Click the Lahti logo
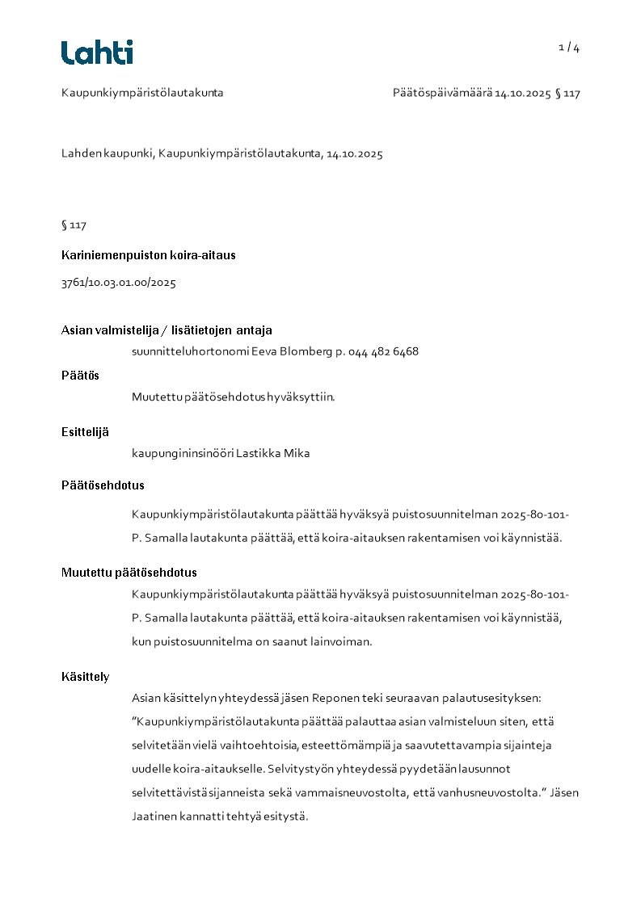pyautogui.click(x=97, y=52)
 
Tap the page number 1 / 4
pyautogui.click(x=569, y=48)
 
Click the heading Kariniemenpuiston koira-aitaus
pyautogui.click(x=149, y=255)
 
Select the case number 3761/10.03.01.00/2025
pyautogui.click(x=119, y=283)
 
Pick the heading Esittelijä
pyautogui.click(x=85, y=431)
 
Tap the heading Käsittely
pyautogui.click(x=86, y=676)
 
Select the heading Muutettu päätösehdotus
pyautogui.click(x=129, y=573)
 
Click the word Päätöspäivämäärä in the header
pyautogui.click(x=443, y=93)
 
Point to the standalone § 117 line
pyautogui.click(x=74, y=225)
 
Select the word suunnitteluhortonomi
pyautogui.click(x=190, y=351)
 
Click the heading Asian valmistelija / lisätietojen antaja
pyautogui.click(x=167, y=330)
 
